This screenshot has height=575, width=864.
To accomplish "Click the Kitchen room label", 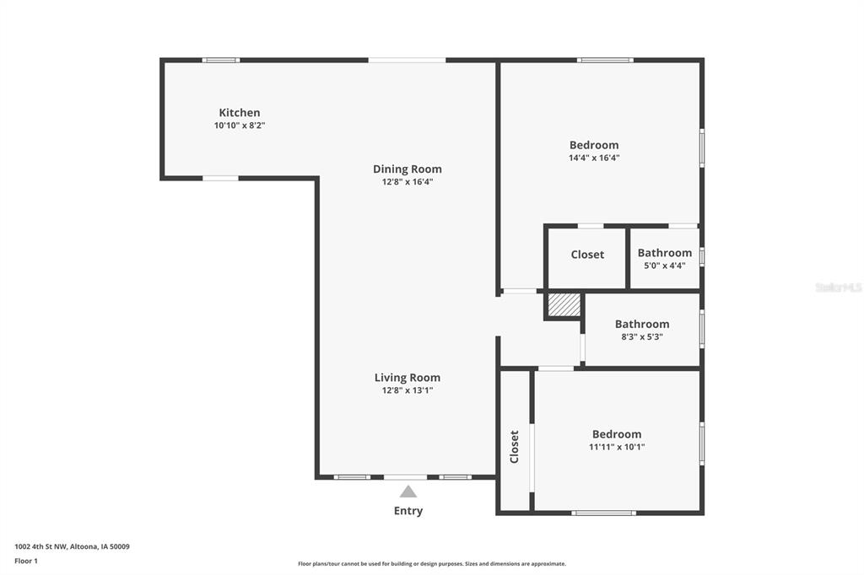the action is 239,112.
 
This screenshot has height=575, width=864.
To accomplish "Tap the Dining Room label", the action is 408,169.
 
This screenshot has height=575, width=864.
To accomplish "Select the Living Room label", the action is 408,378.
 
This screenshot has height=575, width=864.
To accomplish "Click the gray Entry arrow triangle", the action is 408,492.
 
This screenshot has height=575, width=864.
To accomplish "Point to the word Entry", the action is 408,511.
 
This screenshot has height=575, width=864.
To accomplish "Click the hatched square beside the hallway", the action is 564,305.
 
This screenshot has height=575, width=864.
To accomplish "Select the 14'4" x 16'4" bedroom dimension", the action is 594,158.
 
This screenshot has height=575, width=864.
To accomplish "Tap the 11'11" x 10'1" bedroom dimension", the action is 617,447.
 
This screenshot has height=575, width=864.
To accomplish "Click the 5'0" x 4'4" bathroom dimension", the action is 665,266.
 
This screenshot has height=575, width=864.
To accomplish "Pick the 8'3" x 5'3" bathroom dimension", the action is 642,336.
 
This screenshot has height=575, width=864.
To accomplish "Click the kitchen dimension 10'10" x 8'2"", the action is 240,125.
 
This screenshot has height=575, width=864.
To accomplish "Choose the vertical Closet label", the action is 514,447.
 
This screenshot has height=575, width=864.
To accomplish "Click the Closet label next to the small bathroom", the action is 587,255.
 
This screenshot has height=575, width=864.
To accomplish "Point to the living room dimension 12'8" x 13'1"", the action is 408,390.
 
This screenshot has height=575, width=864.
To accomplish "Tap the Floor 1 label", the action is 26,562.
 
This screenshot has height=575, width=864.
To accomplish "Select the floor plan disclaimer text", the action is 432,564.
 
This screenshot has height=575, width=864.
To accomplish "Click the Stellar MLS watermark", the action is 839,287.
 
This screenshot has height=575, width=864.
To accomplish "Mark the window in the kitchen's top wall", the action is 220,60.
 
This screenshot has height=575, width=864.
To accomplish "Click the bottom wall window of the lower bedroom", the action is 603,513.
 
